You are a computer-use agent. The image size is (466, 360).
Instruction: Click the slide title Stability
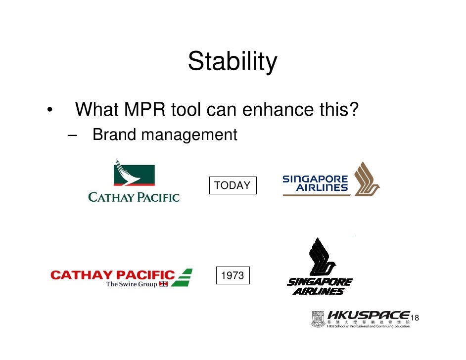[232, 62]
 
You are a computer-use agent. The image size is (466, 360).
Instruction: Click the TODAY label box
[232, 185]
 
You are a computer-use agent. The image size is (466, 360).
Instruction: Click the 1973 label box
[232, 275]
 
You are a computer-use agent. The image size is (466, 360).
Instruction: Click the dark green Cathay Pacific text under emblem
[134, 197]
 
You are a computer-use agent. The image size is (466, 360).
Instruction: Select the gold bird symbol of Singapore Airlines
[366, 179]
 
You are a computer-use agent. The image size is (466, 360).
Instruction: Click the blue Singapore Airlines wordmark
[315, 183]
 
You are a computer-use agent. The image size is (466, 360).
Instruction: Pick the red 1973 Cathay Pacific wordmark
[112, 275]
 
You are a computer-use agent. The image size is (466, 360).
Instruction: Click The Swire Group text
[131, 284]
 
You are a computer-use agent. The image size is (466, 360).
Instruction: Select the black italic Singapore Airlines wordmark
[320, 287]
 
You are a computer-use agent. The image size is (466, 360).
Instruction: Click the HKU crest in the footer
[318, 319]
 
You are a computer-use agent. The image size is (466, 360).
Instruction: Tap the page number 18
[415, 317]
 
